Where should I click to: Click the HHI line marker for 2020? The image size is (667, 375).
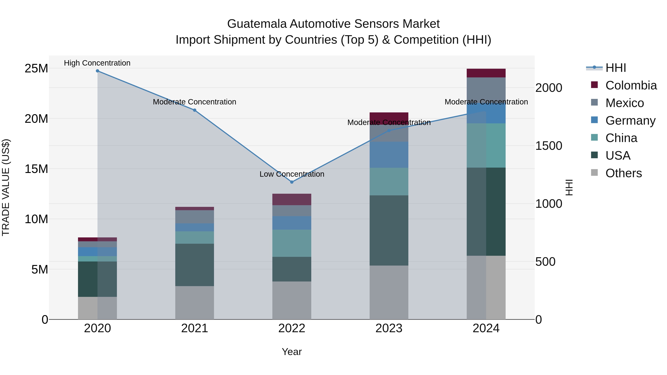(x=97, y=71)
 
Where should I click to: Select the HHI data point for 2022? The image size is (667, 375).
(x=292, y=182)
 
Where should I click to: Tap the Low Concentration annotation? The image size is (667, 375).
(x=292, y=174)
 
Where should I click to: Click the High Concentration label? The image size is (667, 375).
(x=97, y=63)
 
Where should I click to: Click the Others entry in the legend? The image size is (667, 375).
(x=623, y=173)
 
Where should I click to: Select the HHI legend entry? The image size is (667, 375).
(x=615, y=68)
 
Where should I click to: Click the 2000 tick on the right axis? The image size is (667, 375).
(x=549, y=88)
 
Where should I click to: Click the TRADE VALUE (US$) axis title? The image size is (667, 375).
(x=6, y=187)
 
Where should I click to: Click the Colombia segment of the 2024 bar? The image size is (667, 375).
(x=486, y=73)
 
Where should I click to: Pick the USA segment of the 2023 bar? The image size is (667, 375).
(x=389, y=230)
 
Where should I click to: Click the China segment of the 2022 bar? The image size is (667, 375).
(x=292, y=243)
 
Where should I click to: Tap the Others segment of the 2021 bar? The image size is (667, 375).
(x=195, y=303)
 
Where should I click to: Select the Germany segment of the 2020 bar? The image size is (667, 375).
(x=97, y=251)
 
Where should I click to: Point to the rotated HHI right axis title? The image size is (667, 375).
(x=569, y=187)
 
